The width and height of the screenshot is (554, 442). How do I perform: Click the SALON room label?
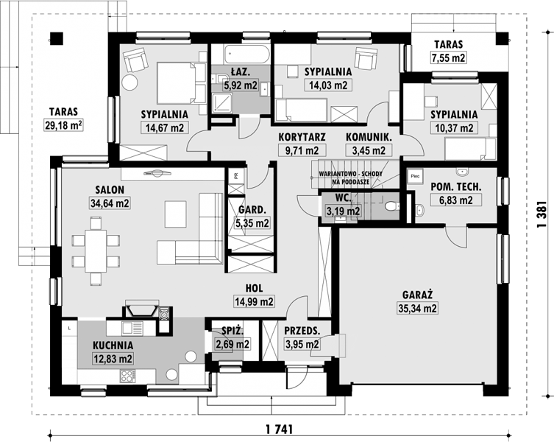coord(110,189)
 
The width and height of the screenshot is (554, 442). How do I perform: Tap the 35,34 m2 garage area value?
coord(418,308)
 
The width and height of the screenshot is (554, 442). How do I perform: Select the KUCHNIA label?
coord(113,345)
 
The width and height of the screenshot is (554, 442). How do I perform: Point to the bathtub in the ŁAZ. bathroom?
coord(246,54)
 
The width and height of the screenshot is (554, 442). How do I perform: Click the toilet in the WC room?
coord(391,206)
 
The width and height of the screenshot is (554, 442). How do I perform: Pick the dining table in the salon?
coord(96,251)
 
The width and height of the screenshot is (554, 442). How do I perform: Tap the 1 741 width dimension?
coord(279,429)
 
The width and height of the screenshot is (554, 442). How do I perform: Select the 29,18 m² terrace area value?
coord(63,125)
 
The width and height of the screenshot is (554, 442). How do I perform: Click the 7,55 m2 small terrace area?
coord(448,57)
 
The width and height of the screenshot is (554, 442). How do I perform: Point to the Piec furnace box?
coord(415,176)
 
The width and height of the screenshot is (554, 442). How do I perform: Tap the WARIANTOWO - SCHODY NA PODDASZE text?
coord(350,178)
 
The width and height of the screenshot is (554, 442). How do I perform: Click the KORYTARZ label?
coord(302,137)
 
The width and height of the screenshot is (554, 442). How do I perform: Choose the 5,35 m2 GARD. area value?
coord(252,223)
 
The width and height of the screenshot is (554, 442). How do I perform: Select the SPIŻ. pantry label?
coord(232,331)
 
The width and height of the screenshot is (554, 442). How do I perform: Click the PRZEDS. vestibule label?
coord(302,331)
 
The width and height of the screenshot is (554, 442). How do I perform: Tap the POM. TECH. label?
coord(455,187)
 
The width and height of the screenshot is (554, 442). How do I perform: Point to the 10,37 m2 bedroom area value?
coord(454,127)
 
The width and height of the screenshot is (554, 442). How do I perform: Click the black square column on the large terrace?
coord(56,38)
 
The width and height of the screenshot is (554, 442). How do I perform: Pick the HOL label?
coord(254,289)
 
